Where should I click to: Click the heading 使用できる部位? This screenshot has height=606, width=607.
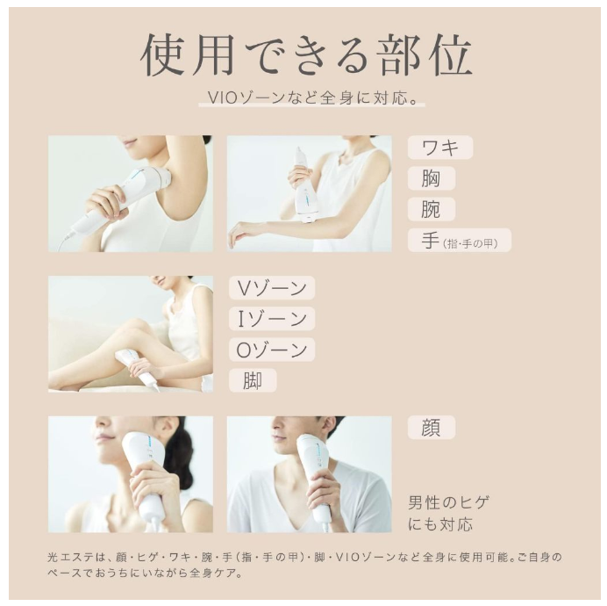pos(306,57)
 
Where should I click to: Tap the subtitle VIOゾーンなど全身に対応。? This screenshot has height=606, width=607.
pos(312,97)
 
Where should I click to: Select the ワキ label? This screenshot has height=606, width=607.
pos(440,147)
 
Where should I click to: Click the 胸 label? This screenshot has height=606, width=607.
pos(431,178)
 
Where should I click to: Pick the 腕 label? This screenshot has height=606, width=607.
pos(431,209)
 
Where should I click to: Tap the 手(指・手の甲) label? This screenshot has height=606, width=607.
pos(459,241)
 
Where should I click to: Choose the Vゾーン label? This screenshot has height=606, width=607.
pos(272,288)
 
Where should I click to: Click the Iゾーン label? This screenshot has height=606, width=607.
pos(272,319)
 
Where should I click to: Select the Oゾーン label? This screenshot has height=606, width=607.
pos(272,350)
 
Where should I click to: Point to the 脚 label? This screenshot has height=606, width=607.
pos(253,380)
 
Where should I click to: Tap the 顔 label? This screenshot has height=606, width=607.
pos(431,428)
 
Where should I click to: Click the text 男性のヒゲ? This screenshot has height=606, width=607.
pos(448,503)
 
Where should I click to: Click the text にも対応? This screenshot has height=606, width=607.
pos(440,524)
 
